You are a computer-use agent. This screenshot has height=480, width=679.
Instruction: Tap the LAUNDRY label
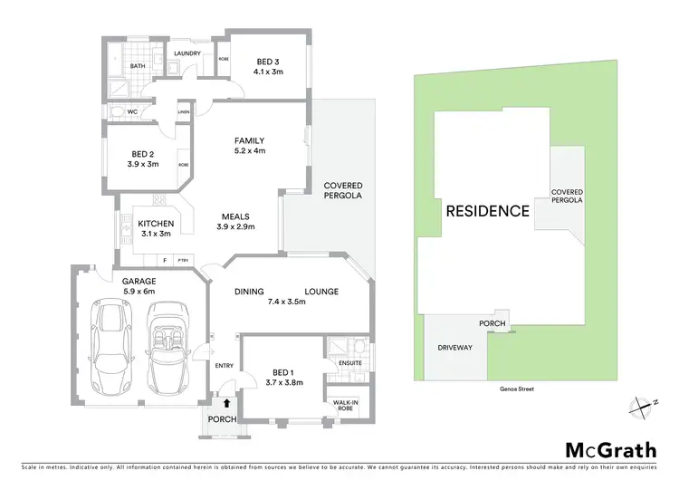coord(187,53)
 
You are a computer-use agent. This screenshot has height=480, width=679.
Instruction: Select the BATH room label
coord(138,66)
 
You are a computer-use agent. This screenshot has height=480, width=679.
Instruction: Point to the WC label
coord(131,112)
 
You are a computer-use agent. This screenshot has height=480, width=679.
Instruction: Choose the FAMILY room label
coord(249,141)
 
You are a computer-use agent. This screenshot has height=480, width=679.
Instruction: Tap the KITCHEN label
coord(155,223)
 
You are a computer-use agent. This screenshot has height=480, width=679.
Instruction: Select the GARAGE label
coord(139,281)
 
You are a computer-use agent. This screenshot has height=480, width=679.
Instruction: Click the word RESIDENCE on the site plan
coord(487,211)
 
